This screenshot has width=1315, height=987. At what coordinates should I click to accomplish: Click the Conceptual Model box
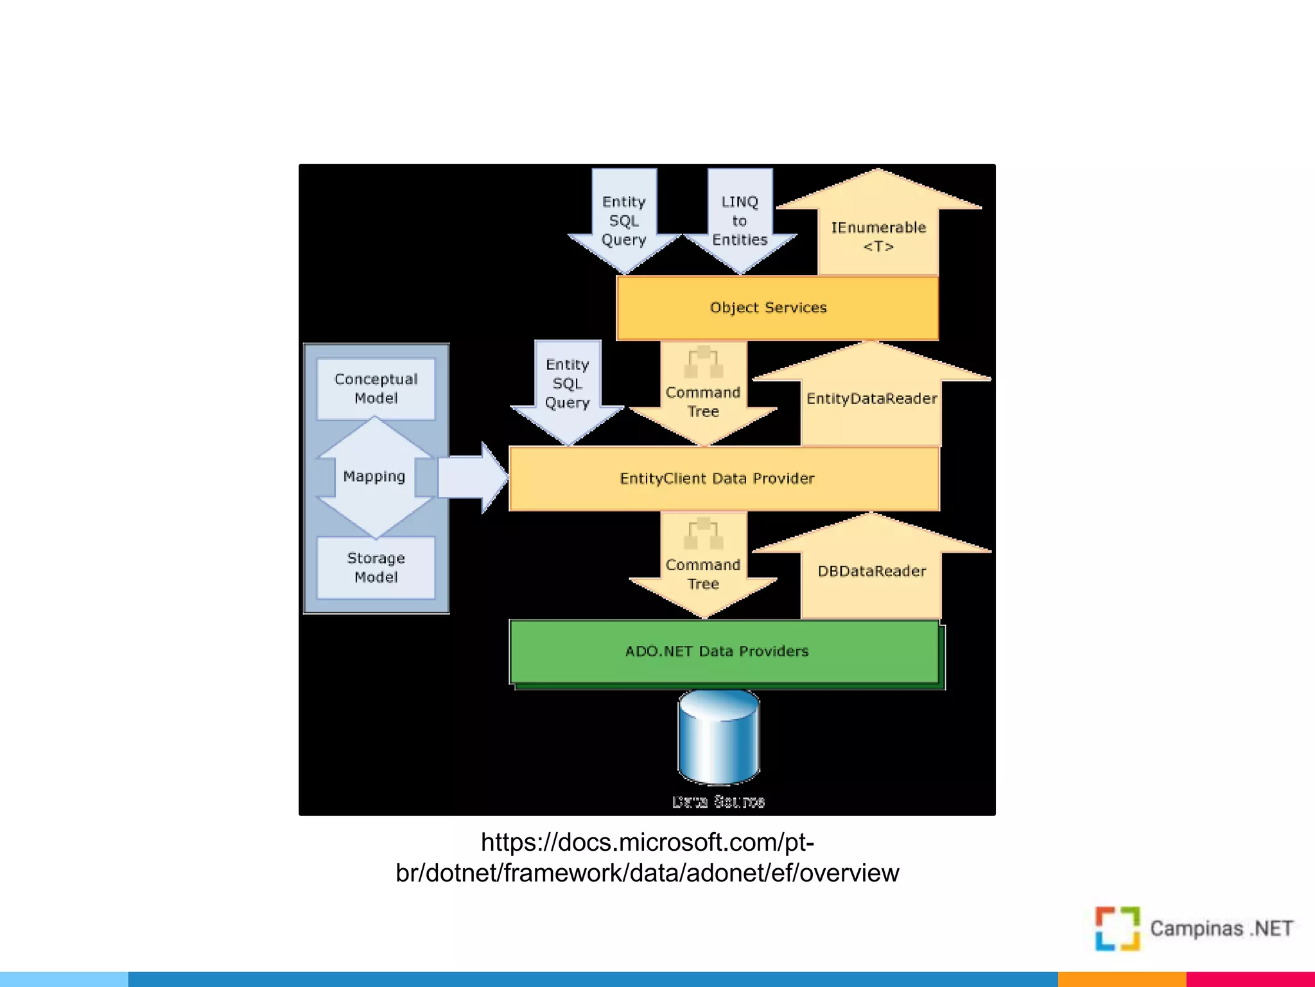pyautogui.click(x=376, y=389)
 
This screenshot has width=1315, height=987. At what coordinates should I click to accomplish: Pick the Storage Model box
pyautogui.click(x=376, y=568)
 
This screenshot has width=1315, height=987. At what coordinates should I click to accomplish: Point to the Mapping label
pyautogui.click(x=374, y=476)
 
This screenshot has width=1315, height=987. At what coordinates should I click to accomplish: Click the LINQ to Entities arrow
pyautogui.click(x=740, y=221)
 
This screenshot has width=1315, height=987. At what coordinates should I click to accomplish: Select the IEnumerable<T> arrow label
pyautogui.click(x=878, y=236)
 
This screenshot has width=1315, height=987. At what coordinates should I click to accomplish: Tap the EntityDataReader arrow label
pyautogui.click(x=871, y=399)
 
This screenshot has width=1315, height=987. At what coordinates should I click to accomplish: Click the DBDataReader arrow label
pyautogui.click(x=871, y=571)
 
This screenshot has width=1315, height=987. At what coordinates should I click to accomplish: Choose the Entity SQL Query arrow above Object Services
pyautogui.click(x=624, y=221)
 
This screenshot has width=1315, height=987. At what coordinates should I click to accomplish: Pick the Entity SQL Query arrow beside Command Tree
pyautogui.click(x=568, y=384)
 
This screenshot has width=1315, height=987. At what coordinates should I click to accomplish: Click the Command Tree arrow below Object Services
pyautogui.click(x=703, y=402)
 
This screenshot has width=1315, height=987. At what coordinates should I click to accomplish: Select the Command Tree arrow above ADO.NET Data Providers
pyautogui.click(x=703, y=574)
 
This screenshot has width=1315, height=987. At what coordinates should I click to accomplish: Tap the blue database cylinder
pyautogui.click(x=719, y=737)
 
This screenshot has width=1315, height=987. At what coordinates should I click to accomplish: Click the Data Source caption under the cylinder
pyautogui.click(x=718, y=802)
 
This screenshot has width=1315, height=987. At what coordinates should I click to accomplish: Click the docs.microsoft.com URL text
pyautogui.click(x=647, y=857)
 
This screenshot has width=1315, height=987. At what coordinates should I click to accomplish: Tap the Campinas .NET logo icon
pyautogui.click(x=1117, y=929)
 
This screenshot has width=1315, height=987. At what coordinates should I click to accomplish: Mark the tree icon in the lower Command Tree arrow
pyautogui.click(x=704, y=533)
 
